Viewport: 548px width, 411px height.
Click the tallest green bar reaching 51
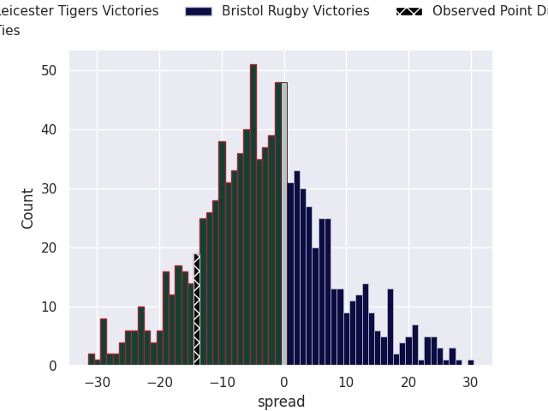point(253,214)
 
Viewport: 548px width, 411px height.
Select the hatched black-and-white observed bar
point(197,310)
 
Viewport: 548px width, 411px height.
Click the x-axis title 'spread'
point(281,402)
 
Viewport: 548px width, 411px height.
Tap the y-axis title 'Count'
point(28,208)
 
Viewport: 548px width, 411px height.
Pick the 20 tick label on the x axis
point(408,383)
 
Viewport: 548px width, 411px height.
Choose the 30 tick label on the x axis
point(471,383)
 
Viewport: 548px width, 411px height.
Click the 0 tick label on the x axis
point(284,383)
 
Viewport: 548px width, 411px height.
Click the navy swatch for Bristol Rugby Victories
point(198,11)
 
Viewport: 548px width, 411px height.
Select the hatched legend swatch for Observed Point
point(408,11)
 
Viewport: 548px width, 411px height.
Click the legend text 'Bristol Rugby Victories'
point(295,11)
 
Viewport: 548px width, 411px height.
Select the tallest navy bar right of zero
point(297,268)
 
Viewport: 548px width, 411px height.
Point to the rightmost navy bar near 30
point(471,362)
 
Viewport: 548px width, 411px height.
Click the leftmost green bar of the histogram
point(91,360)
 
